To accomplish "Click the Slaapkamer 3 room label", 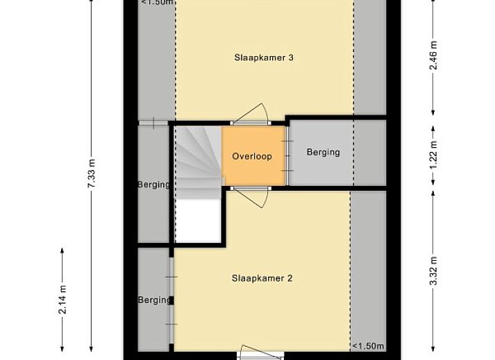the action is [264, 58].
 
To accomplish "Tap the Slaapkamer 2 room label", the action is [262, 278].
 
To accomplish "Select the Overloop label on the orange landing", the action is [252, 156].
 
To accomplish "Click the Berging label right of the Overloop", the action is [324, 153].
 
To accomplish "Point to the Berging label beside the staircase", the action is [153, 185].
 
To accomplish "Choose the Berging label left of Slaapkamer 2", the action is [154, 300].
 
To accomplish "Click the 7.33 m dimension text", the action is [92, 173].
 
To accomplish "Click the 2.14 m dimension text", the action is [62, 300].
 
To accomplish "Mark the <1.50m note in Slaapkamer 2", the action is [368, 346].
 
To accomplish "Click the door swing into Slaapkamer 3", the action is [253, 113].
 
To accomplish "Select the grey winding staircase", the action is [199, 162].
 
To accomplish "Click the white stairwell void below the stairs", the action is [199, 221].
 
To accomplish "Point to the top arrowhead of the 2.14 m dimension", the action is [62, 250].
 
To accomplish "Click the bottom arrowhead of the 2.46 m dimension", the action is [433, 112].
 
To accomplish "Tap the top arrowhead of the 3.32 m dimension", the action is [433, 193].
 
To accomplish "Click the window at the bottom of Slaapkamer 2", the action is [260, 356].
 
